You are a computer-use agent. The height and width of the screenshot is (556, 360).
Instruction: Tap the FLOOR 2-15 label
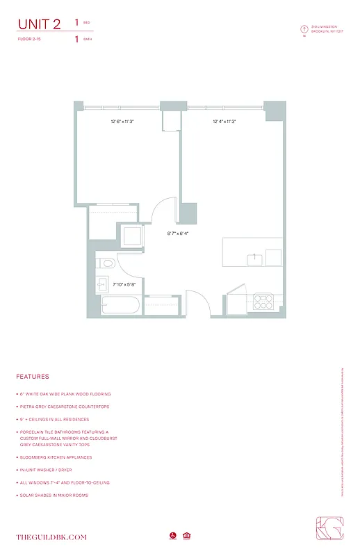tap(30, 40)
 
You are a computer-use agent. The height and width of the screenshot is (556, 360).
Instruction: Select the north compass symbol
tap(304, 29)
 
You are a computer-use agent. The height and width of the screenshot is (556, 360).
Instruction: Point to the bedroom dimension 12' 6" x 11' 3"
tap(122, 122)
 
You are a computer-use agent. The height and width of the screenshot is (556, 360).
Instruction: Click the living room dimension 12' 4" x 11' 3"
tap(224, 122)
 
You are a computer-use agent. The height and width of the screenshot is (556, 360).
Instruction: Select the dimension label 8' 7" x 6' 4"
tap(178, 234)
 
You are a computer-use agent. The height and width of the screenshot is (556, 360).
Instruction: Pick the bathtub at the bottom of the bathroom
tap(120, 306)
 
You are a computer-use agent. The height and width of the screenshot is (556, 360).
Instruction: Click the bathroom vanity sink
tap(101, 284)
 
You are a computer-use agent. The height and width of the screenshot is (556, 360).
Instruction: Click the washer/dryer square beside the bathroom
tap(131, 238)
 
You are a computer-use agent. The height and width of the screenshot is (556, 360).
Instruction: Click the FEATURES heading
tap(33, 377)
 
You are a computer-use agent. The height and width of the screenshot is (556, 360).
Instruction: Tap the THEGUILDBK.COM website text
tap(51, 537)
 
